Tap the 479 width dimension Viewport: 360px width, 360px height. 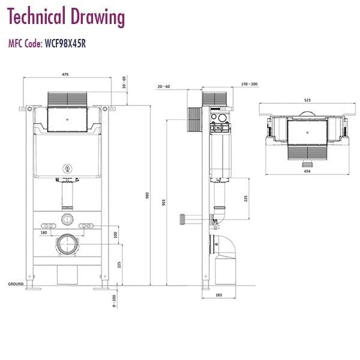65,74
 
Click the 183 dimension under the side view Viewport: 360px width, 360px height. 218,295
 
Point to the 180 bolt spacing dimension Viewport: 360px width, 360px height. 44,232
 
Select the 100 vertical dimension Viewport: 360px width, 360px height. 116,233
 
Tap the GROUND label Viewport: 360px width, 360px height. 15,283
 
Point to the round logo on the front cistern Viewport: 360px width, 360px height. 66,168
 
